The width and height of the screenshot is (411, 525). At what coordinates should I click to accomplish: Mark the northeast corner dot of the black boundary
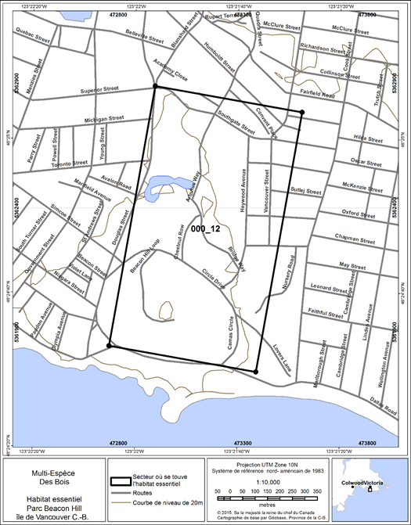coord(301,113)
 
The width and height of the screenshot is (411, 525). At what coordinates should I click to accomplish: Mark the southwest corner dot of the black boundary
coord(110,345)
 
